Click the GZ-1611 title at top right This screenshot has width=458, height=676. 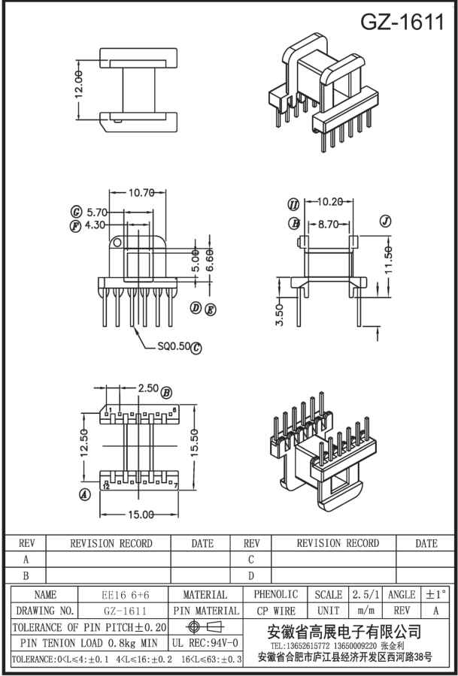pos(402,22)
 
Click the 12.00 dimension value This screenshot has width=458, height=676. pos(80,91)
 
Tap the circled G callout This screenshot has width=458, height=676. pos(76,212)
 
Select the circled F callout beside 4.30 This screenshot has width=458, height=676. pos(75,225)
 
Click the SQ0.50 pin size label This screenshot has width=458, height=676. pos(173,346)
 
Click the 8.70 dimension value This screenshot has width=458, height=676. pos(328,223)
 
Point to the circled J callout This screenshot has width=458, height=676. pos(386,221)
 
